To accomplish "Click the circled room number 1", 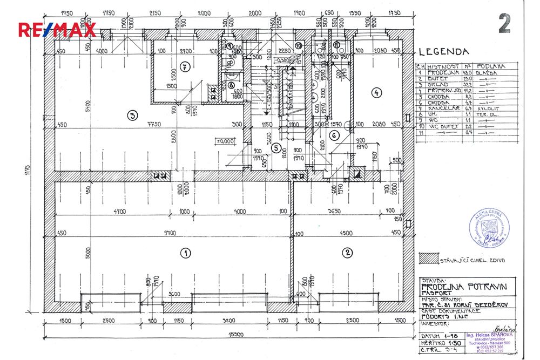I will click(185, 253).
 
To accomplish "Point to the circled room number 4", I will click(376, 92).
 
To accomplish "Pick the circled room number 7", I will click(185, 67).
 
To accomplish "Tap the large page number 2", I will click(504, 24).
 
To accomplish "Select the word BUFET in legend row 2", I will click(436, 78).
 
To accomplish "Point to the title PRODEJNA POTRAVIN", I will click(468, 288).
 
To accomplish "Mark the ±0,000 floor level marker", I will click(224, 141).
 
